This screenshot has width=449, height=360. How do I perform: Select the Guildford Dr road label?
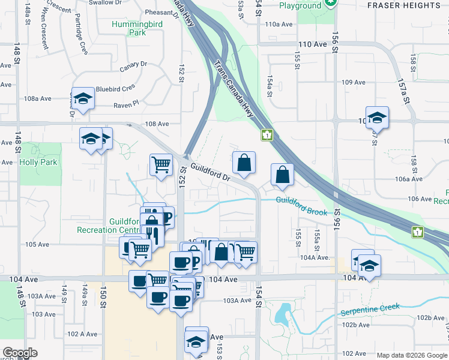(211, 172)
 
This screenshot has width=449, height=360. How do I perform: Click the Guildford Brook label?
(302, 207)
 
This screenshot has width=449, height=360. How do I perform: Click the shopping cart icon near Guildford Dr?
(161, 164)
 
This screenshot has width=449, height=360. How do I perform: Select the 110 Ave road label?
(312, 44)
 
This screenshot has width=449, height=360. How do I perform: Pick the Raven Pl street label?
(126, 104)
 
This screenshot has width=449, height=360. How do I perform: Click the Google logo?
(20, 353)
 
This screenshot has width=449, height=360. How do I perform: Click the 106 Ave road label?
(420, 199)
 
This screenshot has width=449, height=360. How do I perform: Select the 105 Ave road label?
(37, 244)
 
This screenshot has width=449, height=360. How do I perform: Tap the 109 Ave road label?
(353, 82)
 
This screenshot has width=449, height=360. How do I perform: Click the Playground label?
(300, 6)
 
